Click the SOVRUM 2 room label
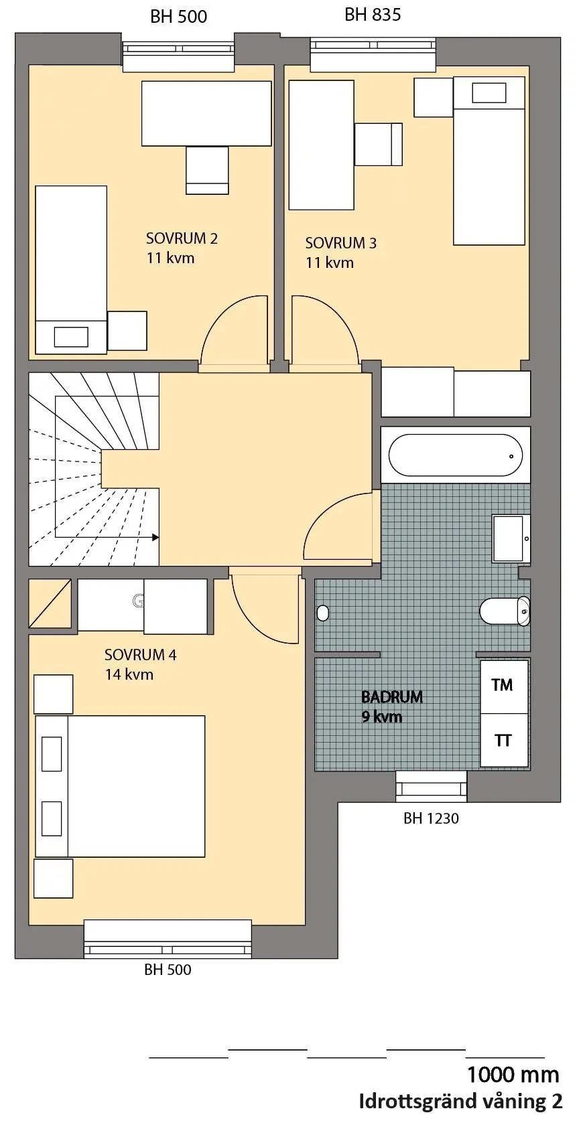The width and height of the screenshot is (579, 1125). pyautogui.click(x=182, y=238)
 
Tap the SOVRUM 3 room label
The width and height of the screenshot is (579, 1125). pyautogui.click(x=340, y=243)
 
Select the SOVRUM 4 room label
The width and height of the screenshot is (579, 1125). pyautogui.click(x=140, y=655)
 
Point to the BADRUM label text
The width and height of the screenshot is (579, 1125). pyautogui.click(x=392, y=697)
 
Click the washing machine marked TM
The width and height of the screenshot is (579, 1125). pyautogui.click(x=504, y=686)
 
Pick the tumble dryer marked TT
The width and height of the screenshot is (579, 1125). pyautogui.click(x=504, y=741)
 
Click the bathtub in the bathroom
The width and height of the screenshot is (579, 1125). pyautogui.click(x=455, y=455)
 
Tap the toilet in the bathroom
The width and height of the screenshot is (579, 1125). pyautogui.click(x=505, y=611)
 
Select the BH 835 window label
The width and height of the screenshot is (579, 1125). pyautogui.click(x=373, y=15)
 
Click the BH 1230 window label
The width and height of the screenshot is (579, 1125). pyautogui.click(x=431, y=818)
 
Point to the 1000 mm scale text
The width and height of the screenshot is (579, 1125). pyautogui.click(x=513, y=1075)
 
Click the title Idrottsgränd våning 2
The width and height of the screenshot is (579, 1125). pyautogui.click(x=460, y=1102)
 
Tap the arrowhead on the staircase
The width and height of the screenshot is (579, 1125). pyautogui.click(x=155, y=537)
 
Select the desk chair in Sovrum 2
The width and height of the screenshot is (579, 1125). pyautogui.click(x=207, y=170)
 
